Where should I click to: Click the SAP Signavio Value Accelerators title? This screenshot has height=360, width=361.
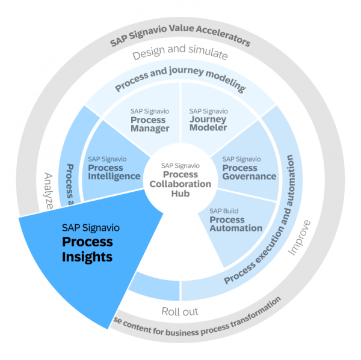tap(180, 41)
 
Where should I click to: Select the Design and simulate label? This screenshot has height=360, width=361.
tap(180, 55)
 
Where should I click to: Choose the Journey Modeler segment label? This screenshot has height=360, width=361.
tap(208, 120)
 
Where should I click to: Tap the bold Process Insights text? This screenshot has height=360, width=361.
tap(87, 249)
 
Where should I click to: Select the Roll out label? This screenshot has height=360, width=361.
tap(180, 311)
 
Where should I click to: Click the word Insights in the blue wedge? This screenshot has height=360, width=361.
tap(87, 257)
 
